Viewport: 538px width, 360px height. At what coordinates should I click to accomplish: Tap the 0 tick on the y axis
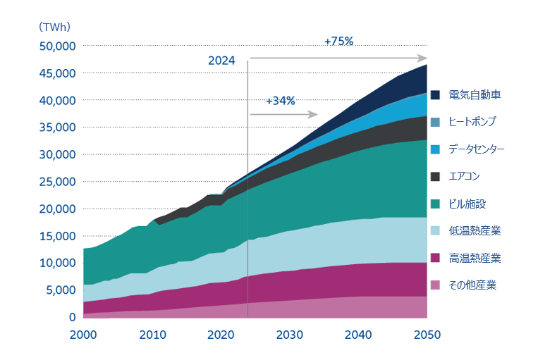click(x=71, y=317)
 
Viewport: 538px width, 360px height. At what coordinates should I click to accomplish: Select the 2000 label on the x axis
click(x=83, y=333)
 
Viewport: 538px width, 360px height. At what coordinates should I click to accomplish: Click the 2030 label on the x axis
click(x=289, y=333)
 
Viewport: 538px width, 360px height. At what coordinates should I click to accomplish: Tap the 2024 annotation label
click(x=221, y=61)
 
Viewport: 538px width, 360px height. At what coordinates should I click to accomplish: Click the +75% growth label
click(x=338, y=42)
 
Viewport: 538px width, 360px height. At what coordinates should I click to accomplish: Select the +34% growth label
click(x=281, y=101)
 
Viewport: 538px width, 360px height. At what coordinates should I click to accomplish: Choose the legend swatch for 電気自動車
click(x=435, y=94)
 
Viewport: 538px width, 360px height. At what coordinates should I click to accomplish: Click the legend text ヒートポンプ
click(x=472, y=122)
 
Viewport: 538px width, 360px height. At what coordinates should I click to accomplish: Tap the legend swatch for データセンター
click(x=435, y=149)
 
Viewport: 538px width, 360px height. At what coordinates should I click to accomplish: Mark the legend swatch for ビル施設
click(x=435, y=204)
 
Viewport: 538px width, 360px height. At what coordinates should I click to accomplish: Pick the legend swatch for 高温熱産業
click(x=435, y=259)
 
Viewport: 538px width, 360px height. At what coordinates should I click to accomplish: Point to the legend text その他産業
click(x=472, y=285)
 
